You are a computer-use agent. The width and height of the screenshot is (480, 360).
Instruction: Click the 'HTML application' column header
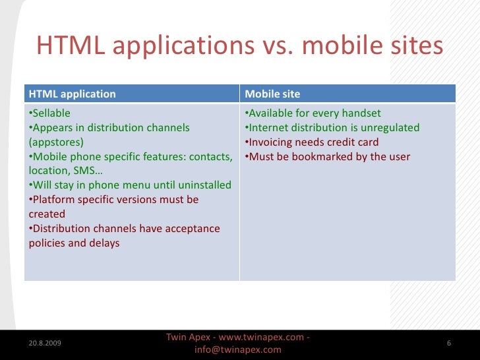click(x=73, y=94)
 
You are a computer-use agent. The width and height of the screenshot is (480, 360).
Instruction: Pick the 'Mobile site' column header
click(x=272, y=94)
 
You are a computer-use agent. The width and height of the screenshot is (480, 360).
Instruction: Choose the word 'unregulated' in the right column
click(x=389, y=127)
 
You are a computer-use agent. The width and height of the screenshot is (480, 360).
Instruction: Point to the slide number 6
click(x=448, y=344)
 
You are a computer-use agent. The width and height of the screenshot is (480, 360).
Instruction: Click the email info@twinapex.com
click(x=238, y=350)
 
